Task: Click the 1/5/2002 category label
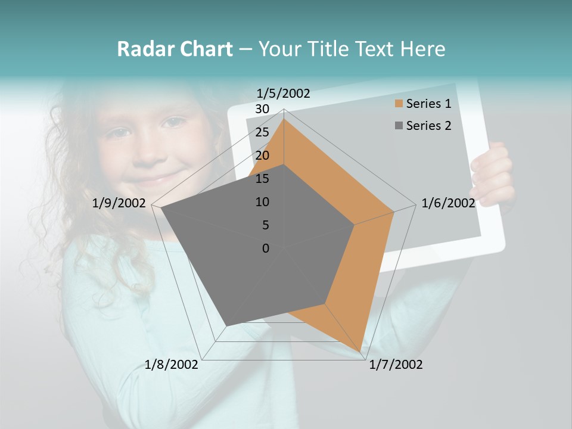[x=284, y=94]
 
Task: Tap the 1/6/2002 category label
[x=448, y=203]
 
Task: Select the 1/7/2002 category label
[x=396, y=365]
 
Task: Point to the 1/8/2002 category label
[x=172, y=365]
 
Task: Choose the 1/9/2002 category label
[x=119, y=203]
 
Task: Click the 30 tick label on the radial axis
[x=262, y=109]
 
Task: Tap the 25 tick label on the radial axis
[x=262, y=132]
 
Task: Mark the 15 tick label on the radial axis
[x=262, y=179]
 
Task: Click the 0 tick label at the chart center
[x=266, y=248]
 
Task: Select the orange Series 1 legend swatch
[x=399, y=104]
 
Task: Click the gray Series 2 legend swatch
[x=399, y=126]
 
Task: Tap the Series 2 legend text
[x=428, y=126]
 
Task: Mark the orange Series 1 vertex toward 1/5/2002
[x=284, y=119]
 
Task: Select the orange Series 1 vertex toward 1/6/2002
[x=393, y=212]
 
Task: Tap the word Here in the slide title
[x=422, y=49]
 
